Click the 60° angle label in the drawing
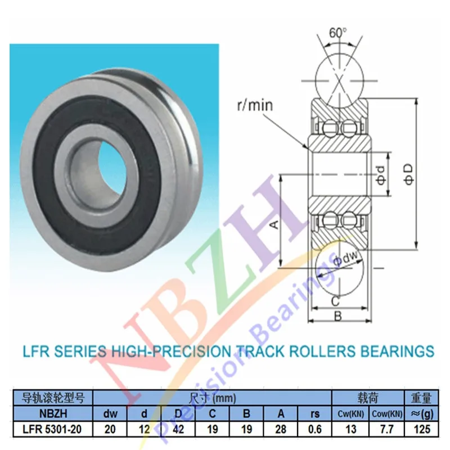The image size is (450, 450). (338, 33)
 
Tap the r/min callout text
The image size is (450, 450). (255, 105)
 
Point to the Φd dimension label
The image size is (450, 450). (381, 175)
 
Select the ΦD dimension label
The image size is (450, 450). (409, 174)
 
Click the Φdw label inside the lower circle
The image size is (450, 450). (346, 258)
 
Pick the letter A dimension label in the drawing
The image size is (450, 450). (274, 223)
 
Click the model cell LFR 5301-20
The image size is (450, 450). (52, 429)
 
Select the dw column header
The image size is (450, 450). (110, 414)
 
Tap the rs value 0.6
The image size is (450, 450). (315, 429)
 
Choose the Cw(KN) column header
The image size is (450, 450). (350, 414)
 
